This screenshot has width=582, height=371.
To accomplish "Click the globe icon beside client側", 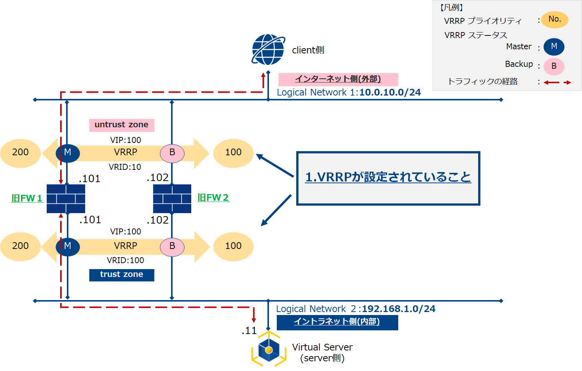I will [268, 50].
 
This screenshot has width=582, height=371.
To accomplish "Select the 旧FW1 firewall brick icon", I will [66, 199].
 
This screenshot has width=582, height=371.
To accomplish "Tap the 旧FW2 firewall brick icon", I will [172, 199].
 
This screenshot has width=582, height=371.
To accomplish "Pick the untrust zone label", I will [121, 125].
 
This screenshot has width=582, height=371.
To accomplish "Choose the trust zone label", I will [121, 275].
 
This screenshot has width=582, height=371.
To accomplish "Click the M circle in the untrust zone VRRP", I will [68, 153].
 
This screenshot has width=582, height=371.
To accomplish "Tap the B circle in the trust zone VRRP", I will [172, 246].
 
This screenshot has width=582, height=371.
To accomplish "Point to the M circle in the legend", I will [554, 47].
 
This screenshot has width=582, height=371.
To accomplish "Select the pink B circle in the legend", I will [554, 66].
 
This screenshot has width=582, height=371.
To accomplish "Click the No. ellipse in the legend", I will [555, 19].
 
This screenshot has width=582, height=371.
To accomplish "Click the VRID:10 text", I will [125, 167].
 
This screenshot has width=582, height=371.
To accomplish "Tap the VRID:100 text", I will [125, 261].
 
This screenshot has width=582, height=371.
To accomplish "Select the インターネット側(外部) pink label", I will [338, 79].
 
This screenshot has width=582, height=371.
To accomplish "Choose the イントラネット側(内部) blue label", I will [337, 322].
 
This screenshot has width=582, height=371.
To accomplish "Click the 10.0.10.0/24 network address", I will [390, 93].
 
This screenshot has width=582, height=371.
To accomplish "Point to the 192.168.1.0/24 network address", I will [399, 309].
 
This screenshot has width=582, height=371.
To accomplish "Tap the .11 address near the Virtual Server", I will [249, 331].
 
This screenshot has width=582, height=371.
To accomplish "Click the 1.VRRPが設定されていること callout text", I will [388, 177].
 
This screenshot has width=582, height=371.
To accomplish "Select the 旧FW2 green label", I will [213, 198].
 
